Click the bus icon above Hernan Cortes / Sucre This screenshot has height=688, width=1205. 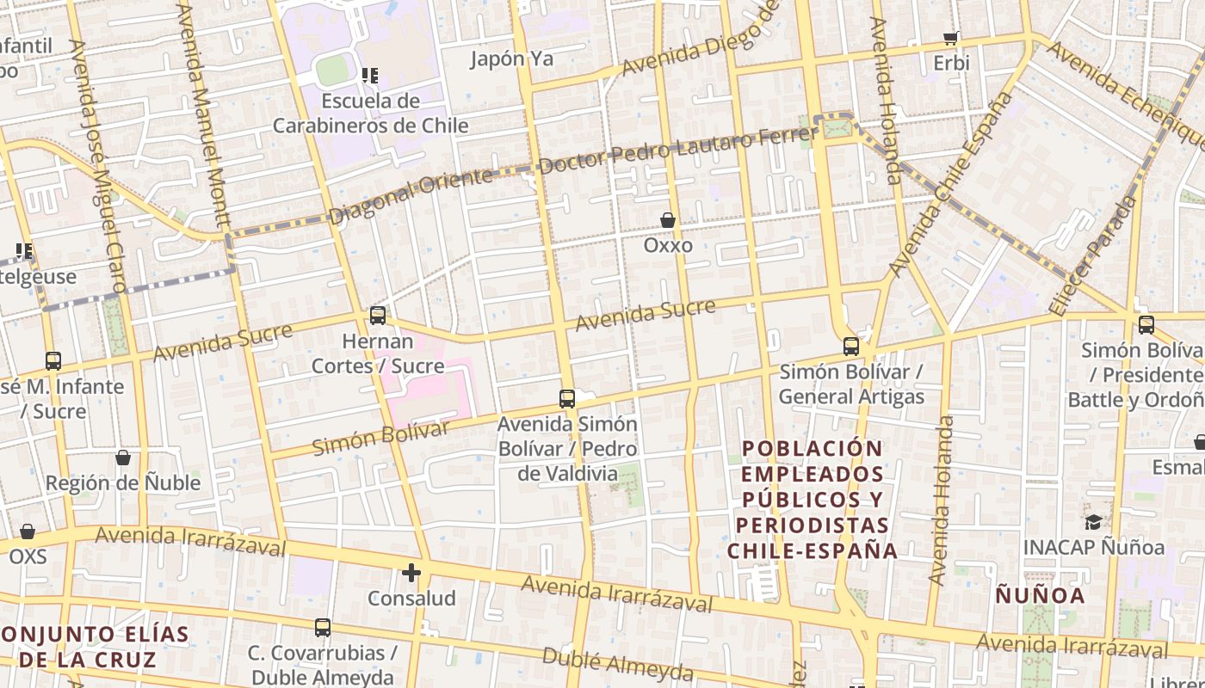378,316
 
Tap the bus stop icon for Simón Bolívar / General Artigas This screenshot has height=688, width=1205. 851,347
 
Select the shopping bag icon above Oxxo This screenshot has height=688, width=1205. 668,220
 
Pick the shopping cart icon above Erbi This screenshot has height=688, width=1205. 951,38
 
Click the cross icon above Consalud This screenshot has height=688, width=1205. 411,572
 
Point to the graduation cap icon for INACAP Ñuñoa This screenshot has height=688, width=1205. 1093,522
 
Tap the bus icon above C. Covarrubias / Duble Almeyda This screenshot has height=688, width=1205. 323,628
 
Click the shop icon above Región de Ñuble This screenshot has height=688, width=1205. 123,458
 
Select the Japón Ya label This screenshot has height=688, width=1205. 511,59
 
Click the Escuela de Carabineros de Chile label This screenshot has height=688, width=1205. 371,114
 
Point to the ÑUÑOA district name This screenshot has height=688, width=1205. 1040,594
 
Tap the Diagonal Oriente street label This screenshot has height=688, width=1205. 411,196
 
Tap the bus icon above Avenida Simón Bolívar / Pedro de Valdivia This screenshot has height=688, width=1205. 567,399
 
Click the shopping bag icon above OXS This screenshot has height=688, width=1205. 28,531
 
